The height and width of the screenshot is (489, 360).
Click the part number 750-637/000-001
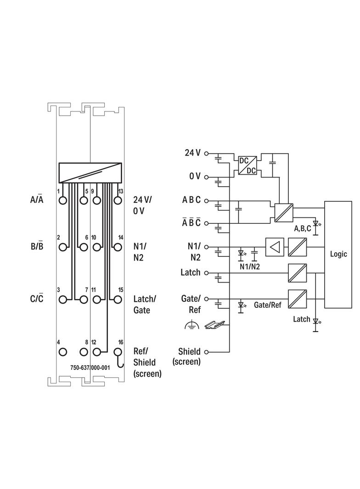coord(90,368)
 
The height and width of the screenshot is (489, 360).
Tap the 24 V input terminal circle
coord(206,153)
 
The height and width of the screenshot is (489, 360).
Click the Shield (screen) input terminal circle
coord(206,352)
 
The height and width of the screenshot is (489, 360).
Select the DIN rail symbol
coord(215,325)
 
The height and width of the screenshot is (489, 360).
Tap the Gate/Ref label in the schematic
coord(268,305)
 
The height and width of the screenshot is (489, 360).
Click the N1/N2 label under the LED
coord(249,267)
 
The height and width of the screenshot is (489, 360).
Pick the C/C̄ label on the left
coord(37,298)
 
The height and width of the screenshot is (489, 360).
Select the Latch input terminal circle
coord(206,273)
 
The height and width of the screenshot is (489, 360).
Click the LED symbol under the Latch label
coord(315,323)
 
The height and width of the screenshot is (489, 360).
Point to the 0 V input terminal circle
coord(206,177)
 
